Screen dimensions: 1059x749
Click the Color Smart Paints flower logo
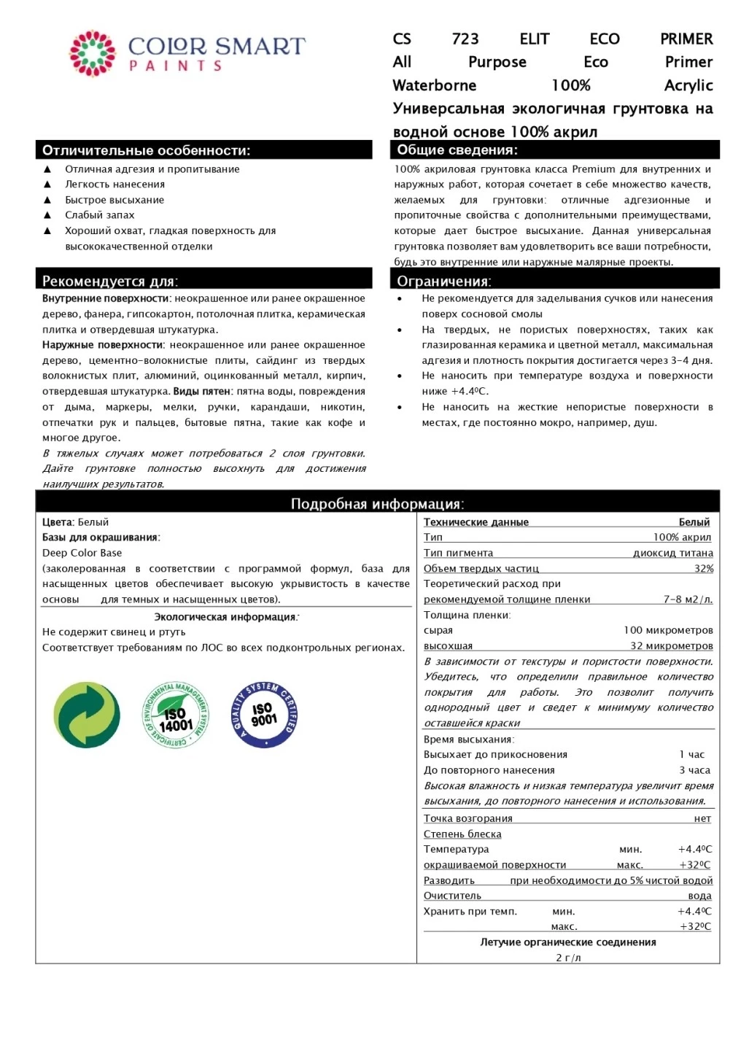click(x=93, y=53)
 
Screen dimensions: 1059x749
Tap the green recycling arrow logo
click(x=87, y=715)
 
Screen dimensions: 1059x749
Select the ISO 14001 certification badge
click(x=175, y=715)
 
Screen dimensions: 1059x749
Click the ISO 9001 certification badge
click(x=263, y=715)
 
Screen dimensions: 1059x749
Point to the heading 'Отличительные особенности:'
click(x=146, y=150)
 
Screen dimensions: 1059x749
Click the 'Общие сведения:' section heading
click(x=457, y=150)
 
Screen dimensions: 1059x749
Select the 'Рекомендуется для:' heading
click(x=110, y=281)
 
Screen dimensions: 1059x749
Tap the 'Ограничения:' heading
click(x=444, y=281)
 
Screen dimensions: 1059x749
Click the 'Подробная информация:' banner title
click(x=377, y=503)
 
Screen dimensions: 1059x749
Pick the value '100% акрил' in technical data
click(x=682, y=538)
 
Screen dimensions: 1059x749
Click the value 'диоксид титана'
click(x=673, y=553)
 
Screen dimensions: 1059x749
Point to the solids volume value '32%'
click(x=704, y=568)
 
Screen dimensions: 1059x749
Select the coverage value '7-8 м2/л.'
click(x=688, y=600)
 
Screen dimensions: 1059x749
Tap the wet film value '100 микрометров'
click(x=668, y=630)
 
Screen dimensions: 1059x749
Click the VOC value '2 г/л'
click(x=568, y=958)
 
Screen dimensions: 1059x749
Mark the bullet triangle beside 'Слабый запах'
click(x=47, y=215)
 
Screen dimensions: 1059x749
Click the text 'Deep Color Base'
click(x=82, y=553)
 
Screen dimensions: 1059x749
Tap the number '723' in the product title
click(x=465, y=39)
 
